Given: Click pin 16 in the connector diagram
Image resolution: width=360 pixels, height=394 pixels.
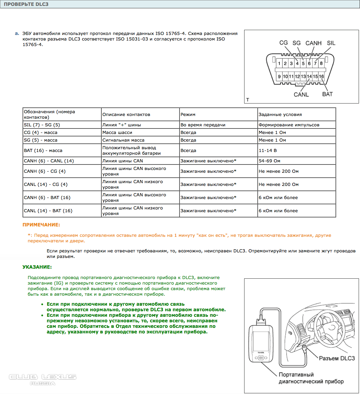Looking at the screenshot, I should (x=321, y=76).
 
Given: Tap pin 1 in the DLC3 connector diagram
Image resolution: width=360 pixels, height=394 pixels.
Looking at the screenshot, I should (x=279, y=63).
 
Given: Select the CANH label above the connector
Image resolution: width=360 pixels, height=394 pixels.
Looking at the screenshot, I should (x=313, y=43).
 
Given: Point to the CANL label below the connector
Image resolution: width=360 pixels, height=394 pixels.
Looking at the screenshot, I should (x=301, y=94).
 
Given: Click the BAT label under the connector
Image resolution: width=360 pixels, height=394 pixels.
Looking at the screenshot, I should (x=327, y=94).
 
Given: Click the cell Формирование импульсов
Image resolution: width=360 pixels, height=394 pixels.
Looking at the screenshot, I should (x=289, y=125).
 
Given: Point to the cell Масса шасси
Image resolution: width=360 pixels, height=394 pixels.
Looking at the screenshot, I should (x=117, y=133).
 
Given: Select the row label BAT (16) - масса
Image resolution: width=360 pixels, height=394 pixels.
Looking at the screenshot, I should (x=43, y=151).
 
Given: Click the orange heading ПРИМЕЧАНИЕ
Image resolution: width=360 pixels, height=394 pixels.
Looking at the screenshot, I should (x=41, y=225).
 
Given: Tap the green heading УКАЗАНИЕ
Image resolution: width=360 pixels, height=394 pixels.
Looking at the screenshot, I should (x=37, y=267).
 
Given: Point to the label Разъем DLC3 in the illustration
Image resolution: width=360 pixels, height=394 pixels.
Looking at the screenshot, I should (x=336, y=358).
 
